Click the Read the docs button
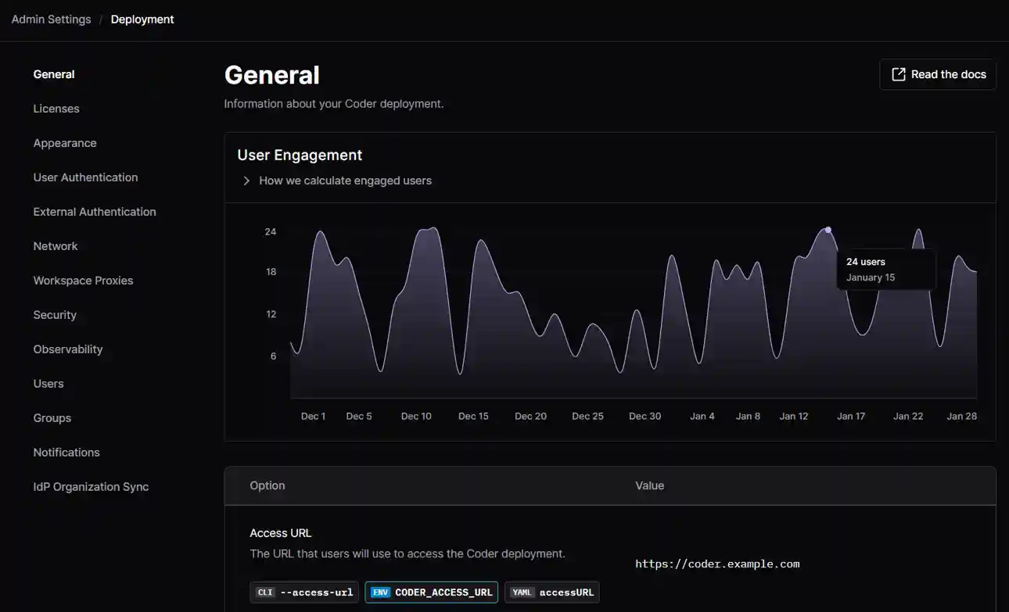click(x=938, y=74)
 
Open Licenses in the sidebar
click(x=56, y=109)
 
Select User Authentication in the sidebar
click(x=85, y=177)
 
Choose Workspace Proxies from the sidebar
click(x=83, y=281)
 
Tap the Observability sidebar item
click(x=68, y=349)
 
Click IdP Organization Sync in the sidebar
click(x=91, y=487)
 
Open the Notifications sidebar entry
click(x=66, y=453)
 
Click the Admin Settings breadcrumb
click(x=51, y=20)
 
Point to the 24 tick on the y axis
click(x=271, y=232)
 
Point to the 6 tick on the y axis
click(x=273, y=356)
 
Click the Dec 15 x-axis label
click(x=473, y=417)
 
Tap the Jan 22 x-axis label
click(x=908, y=417)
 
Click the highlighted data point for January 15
click(x=828, y=230)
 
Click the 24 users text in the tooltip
click(x=866, y=262)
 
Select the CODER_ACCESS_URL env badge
click(x=432, y=592)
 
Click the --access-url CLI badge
click(x=304, y=592)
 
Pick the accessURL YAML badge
click(x=552, y=592)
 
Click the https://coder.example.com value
click(x=717, y=564)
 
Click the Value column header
click(x=649, y=486)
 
